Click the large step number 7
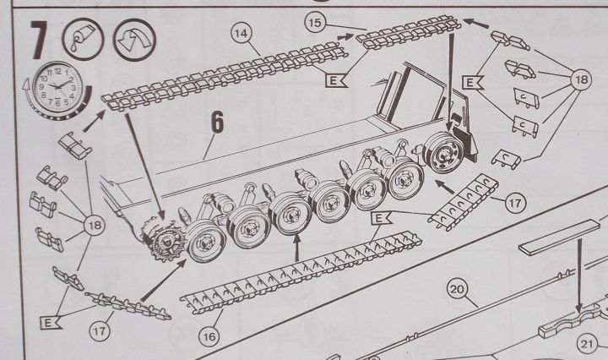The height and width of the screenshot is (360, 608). click(39, 40)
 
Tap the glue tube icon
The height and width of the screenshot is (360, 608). click(83, 40)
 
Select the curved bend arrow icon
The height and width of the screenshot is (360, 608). click(134, 40)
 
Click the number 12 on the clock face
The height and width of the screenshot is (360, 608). click(57, 71)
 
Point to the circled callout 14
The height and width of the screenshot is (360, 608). click(242, 33)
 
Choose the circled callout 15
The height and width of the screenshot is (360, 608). click(315, 23)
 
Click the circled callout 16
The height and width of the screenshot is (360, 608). click(209, 336)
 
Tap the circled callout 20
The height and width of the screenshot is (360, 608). click(457, 289)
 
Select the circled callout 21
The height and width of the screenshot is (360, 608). click(587, 344)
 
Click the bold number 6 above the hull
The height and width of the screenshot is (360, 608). click(218, 122)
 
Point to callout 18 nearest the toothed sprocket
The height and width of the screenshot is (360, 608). click(95, 225)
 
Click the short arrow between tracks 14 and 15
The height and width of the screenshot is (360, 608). click(346, 37)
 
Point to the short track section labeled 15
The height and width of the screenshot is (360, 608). click(409, 31)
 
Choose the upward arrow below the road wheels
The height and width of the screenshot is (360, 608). click(297, 248)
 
